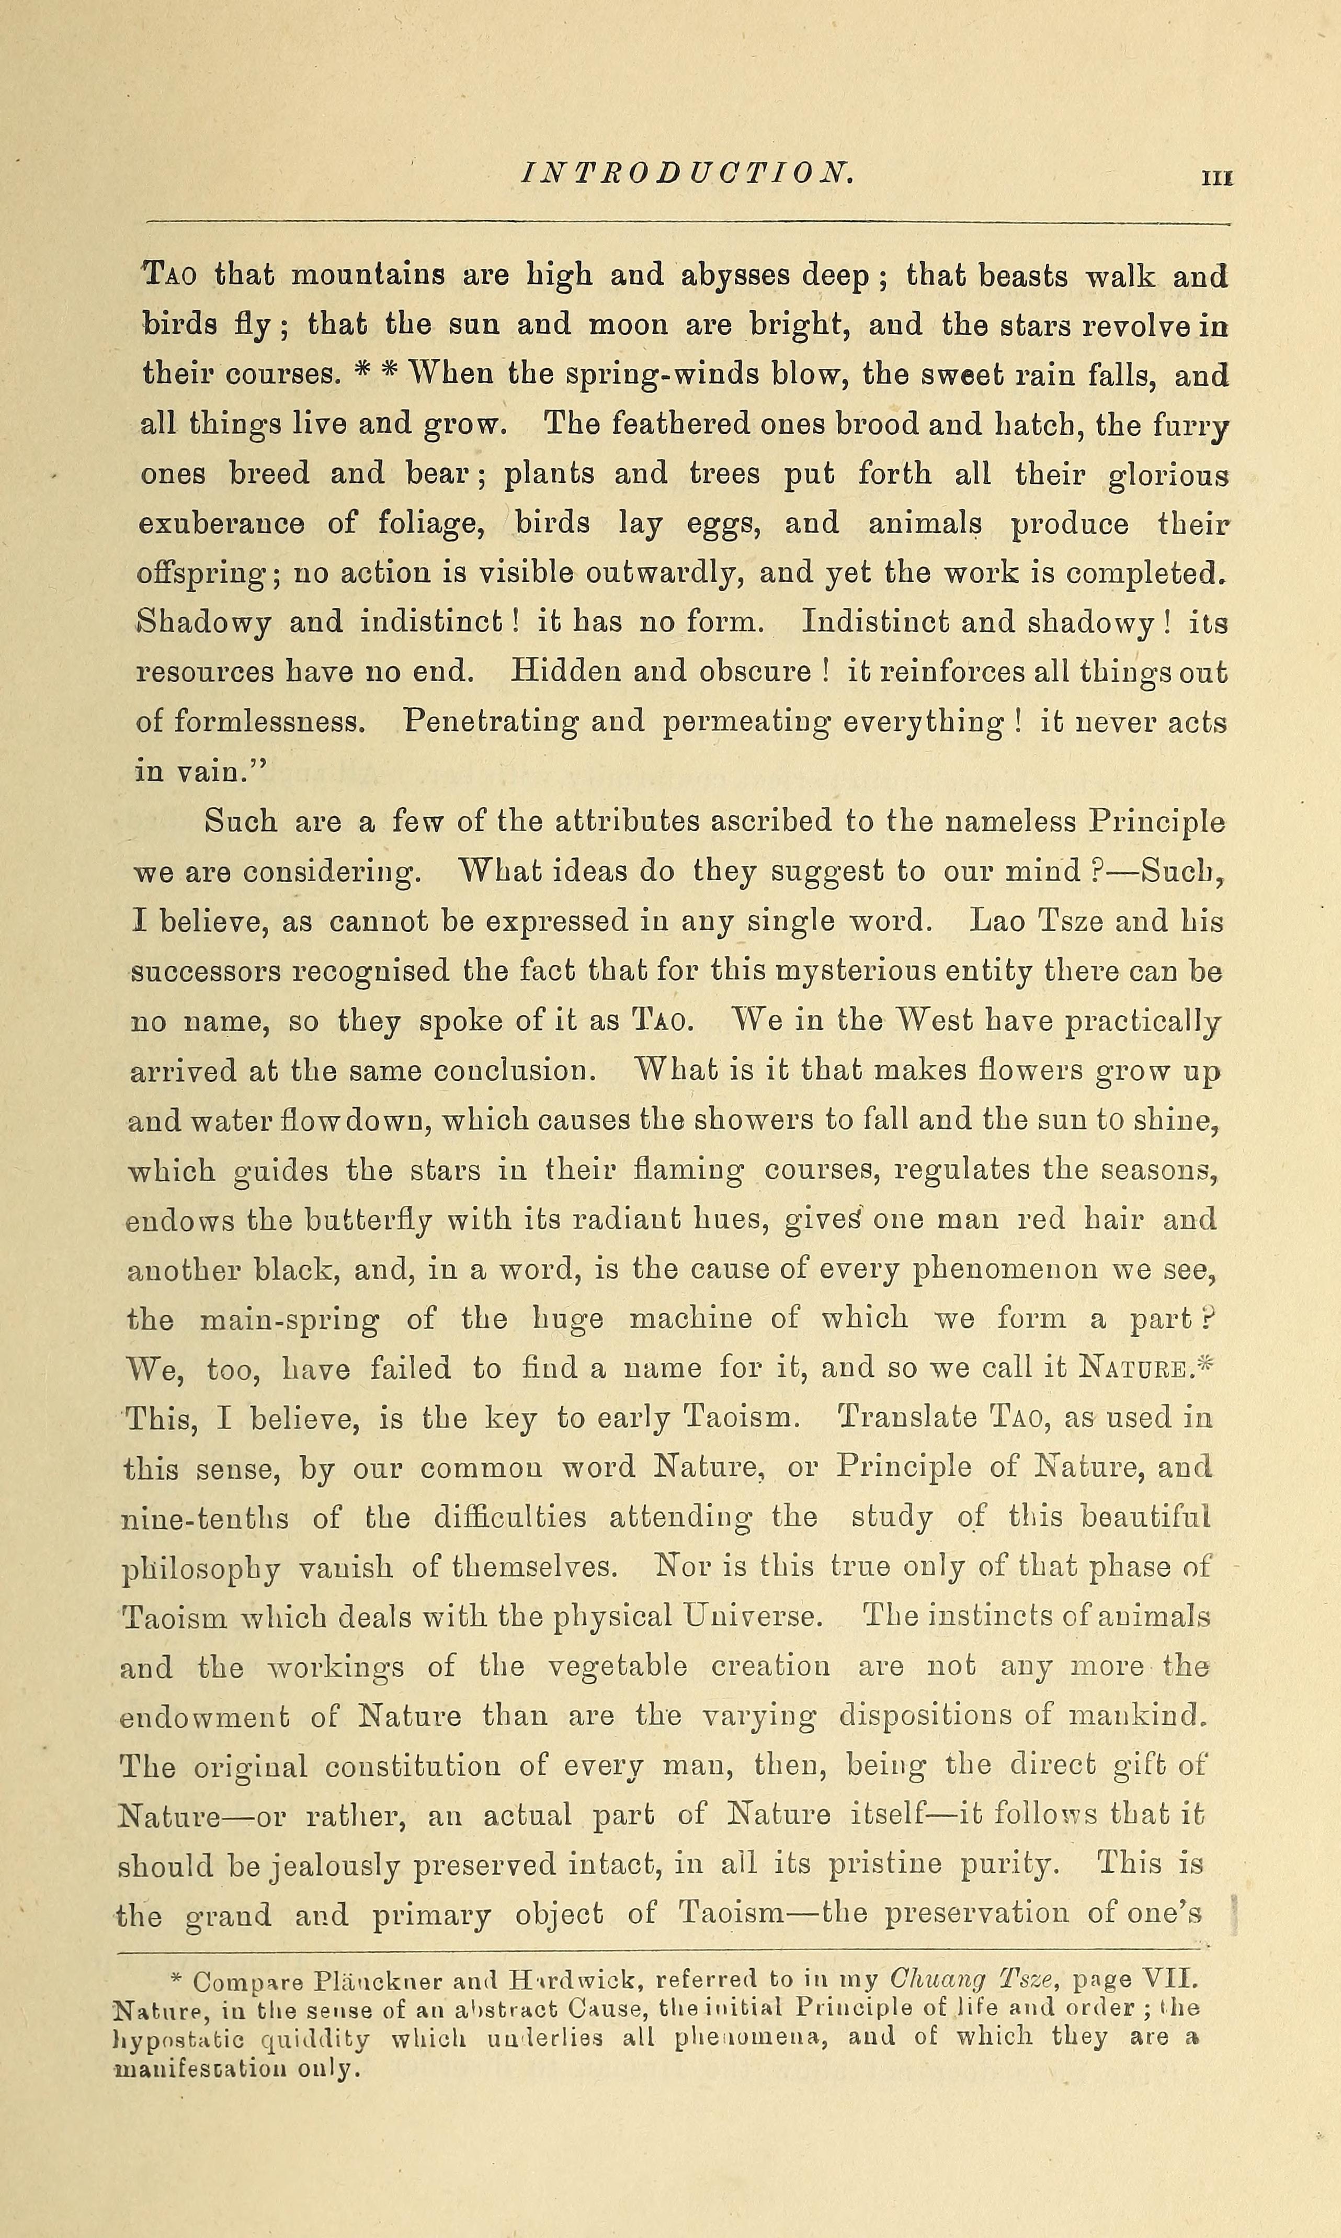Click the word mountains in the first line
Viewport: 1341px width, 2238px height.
click(x=367, y=275)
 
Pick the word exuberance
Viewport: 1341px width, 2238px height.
click(x=221, y=523)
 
